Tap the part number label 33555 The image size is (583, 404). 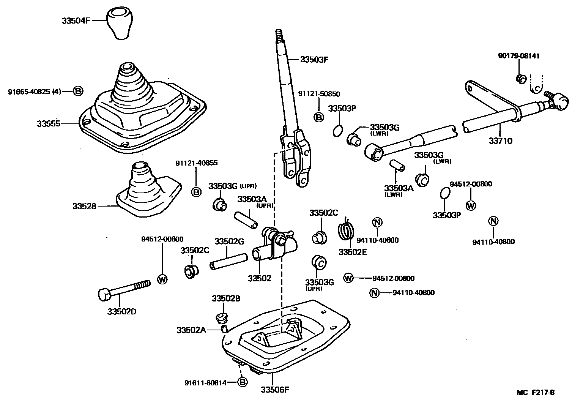(x=49, y=124)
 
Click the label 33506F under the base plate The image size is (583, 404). (x=275, y=390)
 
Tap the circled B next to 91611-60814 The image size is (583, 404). (x=242, y=382)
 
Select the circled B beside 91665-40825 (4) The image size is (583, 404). (x=78, y=91)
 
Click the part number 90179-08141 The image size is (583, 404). (x=519, y=56)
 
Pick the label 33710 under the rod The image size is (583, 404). (x=500, y=141)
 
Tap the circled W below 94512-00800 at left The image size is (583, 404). (x=162, y=279)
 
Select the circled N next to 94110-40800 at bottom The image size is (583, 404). (x=374, y=293)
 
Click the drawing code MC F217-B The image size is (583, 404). (x=537, y=393)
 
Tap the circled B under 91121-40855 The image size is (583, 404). (x=196, y=192)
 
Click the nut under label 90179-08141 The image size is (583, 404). (x=520, y=79)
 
